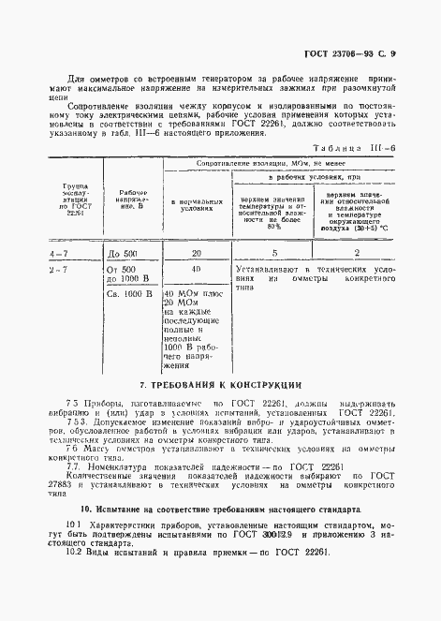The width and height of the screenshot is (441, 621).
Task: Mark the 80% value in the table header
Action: click(274, 227)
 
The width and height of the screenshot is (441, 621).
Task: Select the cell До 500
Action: click(130, 254)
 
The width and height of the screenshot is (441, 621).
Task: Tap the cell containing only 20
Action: click(196, 253)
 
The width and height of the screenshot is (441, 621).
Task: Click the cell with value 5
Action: click(273, 253)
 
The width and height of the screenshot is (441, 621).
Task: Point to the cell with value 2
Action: click(357, 253)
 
